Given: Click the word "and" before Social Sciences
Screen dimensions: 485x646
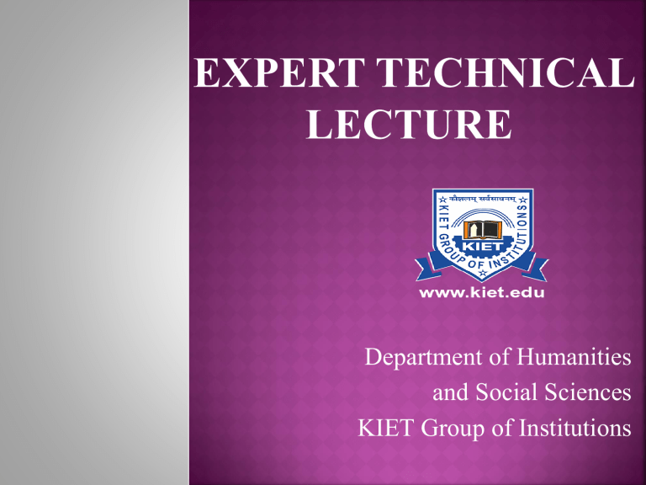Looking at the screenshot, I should point(449,392).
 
